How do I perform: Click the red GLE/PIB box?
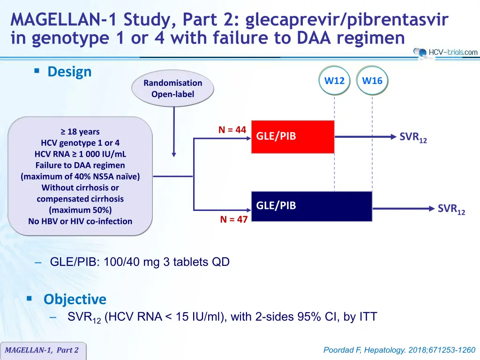[x=292, y=137]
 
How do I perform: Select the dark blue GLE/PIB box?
[x=312, y=206]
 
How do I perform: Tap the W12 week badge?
[x=334, y=81]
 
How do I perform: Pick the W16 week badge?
[x=372, y=81]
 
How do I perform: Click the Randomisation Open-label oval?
[x=172, y=89]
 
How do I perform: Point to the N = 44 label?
[x=232, y=130]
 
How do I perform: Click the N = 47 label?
[x=234, y=219]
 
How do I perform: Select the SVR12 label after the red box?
[x=413, y=137]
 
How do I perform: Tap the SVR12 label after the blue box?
[x=451, y=210]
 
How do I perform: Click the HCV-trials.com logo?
[x=445, y=52]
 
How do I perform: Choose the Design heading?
[x=69, y=72]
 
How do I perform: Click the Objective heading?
[x=75, y=299]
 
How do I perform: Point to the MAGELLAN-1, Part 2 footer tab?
[x=42, y=350]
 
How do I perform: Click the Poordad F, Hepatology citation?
[x=399, y=350]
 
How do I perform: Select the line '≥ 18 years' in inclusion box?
[x=80, y=132]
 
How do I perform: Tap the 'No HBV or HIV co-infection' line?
[x=80, y=221]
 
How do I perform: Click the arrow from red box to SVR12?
[x=366, y=137]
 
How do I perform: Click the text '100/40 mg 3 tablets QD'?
[x=166, y=262]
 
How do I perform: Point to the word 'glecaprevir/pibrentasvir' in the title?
[x=347, y=20]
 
